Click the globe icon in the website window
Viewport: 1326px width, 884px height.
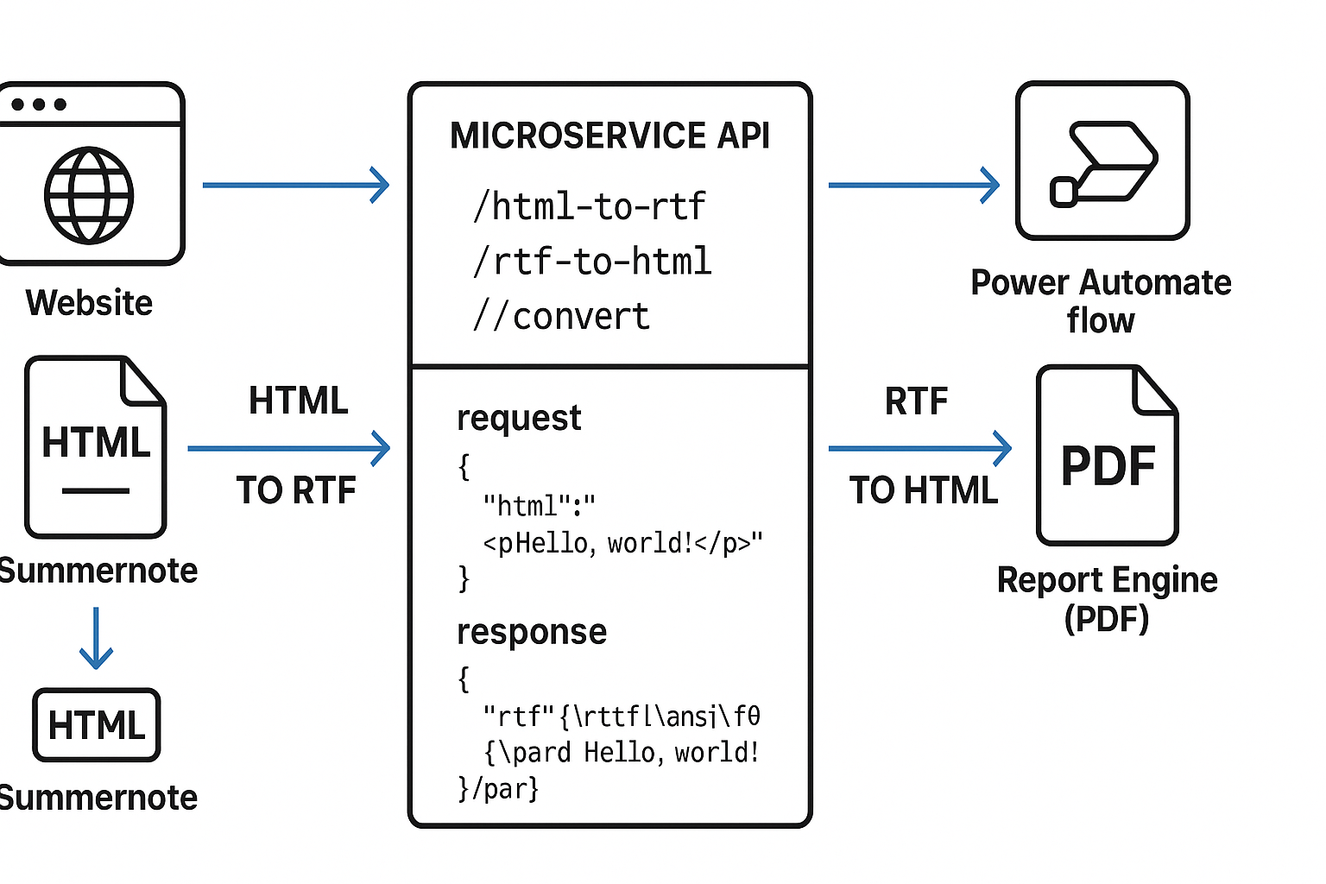click(89, 195)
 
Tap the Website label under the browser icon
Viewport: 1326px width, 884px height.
click(89, 303)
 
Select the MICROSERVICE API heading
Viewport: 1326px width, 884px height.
click(609, 136)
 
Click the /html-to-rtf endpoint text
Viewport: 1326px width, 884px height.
click(590, 206)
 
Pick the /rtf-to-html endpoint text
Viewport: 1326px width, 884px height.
click(592, 262)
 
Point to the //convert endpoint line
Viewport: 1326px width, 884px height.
click(561, 317)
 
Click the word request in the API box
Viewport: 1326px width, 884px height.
click(519, 418)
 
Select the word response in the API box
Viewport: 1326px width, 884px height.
click(532, 632)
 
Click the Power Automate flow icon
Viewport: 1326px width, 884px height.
click(1102, 161)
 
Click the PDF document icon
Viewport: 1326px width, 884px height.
click(1108, 455)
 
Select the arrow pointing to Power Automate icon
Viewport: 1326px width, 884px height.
click(913, 185)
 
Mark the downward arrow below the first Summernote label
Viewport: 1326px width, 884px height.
click(96, 639)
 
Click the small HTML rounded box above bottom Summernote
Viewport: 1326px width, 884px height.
click(97, 725)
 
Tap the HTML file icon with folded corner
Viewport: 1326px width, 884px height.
click(95, 447)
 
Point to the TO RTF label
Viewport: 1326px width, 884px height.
click(296, 490)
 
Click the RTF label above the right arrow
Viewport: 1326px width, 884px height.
click(916, 401)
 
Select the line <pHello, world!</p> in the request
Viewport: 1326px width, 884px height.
click(622, 543)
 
